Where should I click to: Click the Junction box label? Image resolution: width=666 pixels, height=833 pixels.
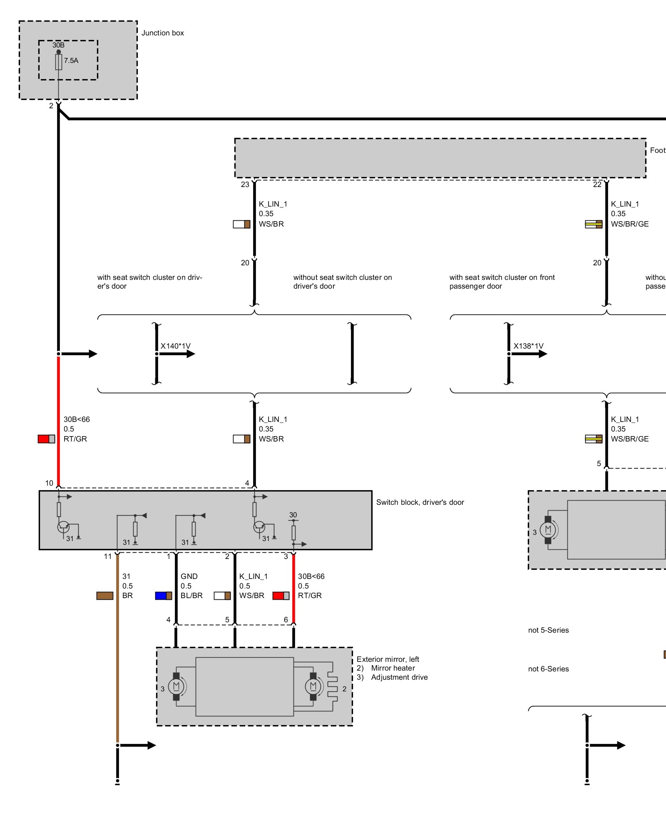point(162,33)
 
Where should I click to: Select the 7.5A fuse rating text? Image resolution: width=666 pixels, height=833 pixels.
point(71,60)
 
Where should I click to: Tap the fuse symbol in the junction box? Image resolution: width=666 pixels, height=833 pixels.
point(59,62)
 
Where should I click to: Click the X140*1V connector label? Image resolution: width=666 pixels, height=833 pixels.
point(175,346)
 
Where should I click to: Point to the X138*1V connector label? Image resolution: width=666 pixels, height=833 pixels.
point(528,346)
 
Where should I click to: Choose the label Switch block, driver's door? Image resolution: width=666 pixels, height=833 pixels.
point(420,502)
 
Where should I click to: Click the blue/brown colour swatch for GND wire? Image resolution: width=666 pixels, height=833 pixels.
point(163,596)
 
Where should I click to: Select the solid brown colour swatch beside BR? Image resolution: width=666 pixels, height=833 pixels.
point(105,596)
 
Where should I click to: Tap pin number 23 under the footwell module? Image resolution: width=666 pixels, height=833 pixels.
point(245,185)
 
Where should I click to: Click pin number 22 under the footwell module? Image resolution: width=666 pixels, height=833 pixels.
point(597,185)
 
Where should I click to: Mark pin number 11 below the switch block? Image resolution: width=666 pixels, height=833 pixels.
point(108,556)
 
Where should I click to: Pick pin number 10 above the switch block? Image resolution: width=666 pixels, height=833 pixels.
point(49,483)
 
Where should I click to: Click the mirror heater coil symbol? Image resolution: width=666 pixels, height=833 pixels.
point(332,686)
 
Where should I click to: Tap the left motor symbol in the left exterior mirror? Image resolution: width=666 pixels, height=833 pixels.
point(176,686)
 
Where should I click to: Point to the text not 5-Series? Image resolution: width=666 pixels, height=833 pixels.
point(548,630)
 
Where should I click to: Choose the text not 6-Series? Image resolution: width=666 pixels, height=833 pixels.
point(548,669)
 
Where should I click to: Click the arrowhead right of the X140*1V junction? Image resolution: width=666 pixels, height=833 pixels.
point(191,354)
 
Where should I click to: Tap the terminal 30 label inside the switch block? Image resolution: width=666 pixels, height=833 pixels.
point(293,515)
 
